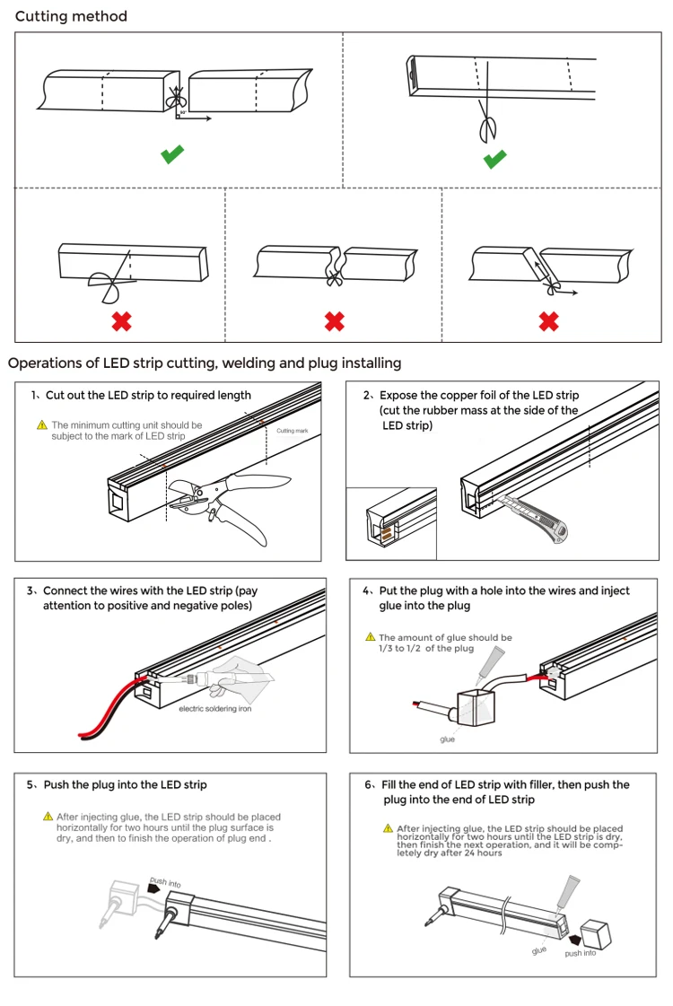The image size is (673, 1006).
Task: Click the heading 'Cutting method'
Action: pyautogui.click(x=71, y=16)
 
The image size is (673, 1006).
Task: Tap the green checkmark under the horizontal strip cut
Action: pyautogui.click(x=172, y=154)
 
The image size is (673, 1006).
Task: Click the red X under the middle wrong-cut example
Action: pyautogui.click(x=334, y=320)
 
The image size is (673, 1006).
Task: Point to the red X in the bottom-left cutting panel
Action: pyautogui.click(x=122, y=320)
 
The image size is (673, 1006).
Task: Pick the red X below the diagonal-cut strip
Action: pyautogui.click(x=548, y=320)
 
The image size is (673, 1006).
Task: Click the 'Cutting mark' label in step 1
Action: pyautogui.click(x=292, y=431)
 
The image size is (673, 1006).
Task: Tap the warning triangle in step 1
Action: pyautogui.click(x=41, y=425)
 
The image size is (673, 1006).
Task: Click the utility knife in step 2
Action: pyautogui.click(x=537, y=520)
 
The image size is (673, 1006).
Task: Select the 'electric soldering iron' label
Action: pyautogui.click(x=215, y=709)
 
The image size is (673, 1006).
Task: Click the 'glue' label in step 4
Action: pyautogui.click(x=447, y=739)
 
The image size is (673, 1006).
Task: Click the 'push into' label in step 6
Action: pyautogui.click(x=580, y=953)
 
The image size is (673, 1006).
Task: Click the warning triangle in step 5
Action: pyautogui.click(x=48, y=817)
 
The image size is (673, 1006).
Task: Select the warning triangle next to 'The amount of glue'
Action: pyautogui.click(x=371, y=637)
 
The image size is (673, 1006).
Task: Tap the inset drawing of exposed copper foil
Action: pyautogui.click(x=391, y=524)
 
